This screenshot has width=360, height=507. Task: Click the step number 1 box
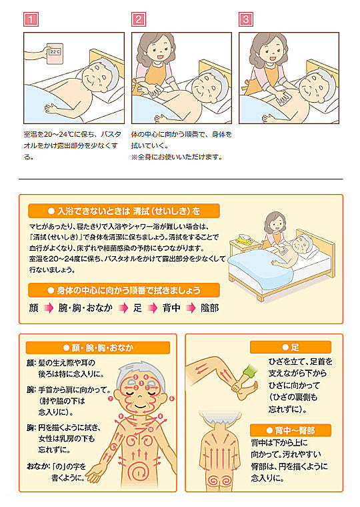[x=31, y=19]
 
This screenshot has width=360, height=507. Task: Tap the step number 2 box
[x=138, y=19]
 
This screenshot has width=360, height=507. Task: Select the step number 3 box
[x=245, y=19]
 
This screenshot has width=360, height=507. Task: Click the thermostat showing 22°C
[x=55, y=53]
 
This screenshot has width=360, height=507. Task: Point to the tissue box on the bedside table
[x=245, y=239]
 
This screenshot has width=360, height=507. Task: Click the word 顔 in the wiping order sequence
[x=33, y=308]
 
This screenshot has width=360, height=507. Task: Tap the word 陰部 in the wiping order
[x=210, y=308]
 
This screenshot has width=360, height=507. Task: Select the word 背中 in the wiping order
[x=171, y=308]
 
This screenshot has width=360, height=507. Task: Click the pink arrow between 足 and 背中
[x=153, y=308]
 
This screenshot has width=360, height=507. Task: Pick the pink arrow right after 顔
[x=49, y=308]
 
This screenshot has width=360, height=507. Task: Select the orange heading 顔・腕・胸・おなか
[x=98, y=348]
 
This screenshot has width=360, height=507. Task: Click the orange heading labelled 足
[x=291, y=347]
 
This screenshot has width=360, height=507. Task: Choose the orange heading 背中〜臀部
[x=291, y=430]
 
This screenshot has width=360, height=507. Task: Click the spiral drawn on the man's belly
[x=139, y=472]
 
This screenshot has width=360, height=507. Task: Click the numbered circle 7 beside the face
[x=111, y=399]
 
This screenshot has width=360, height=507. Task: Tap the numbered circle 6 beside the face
[x=171, y=399]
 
